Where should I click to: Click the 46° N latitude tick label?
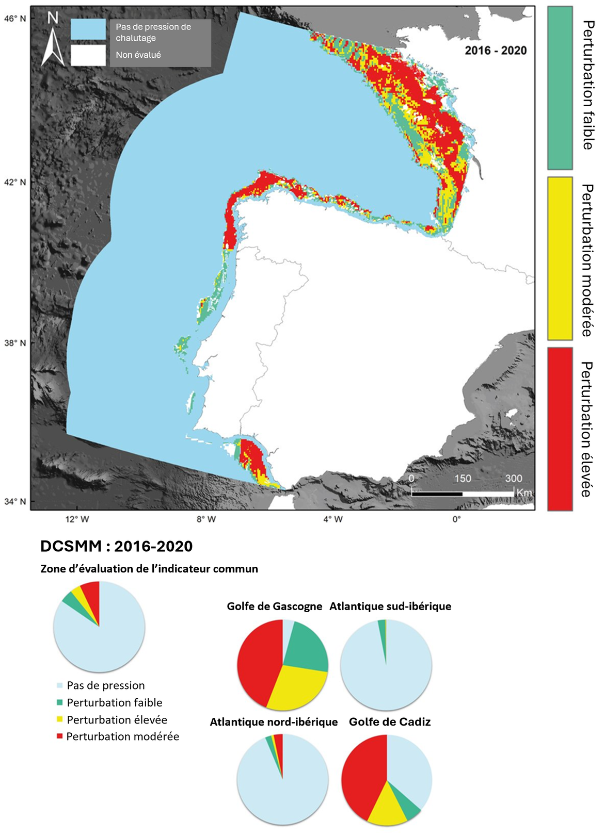point(15,18)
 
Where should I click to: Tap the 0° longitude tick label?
point(456,519)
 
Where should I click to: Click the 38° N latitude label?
point(15,343)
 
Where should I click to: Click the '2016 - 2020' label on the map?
point(496,51)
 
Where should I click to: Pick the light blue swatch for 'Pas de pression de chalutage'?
point(88,30)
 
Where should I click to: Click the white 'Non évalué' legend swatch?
point(88,55)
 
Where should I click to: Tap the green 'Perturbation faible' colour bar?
point(560,88)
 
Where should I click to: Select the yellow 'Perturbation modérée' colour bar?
point(560,258)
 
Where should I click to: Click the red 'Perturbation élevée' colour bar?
point(560,429)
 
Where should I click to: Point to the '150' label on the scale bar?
point(463,479)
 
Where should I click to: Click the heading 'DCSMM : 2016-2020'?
point(117,546)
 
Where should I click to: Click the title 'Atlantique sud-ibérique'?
point(390,606)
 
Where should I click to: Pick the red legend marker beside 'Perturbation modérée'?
point(59,736)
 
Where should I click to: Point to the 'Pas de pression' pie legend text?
point(106,685)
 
